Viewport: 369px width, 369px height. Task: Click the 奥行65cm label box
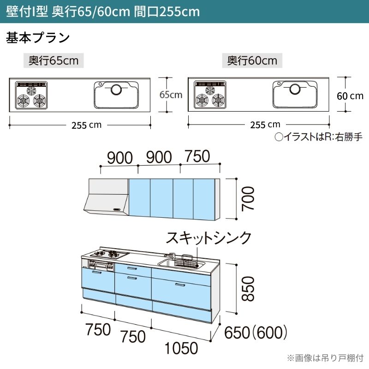54,61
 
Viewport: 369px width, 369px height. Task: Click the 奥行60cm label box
252,61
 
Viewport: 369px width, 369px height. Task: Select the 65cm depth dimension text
171,95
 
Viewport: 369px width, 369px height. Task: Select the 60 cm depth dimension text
350,96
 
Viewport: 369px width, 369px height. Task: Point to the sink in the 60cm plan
295,94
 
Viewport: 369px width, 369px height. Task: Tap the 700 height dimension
247,198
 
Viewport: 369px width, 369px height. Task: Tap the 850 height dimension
247,288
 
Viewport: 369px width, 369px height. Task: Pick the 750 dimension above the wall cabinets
197,156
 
